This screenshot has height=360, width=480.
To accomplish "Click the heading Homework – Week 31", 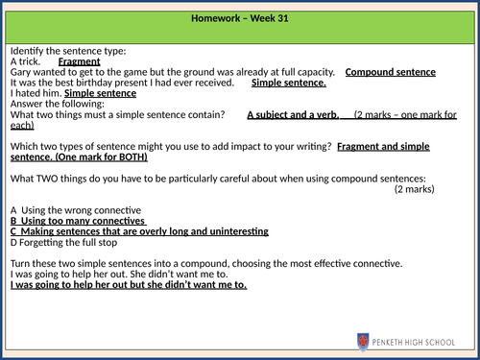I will pyautogui.click(x=240, y=20).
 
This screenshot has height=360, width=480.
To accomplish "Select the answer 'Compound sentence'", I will pyautogui.click(x=390, y=72).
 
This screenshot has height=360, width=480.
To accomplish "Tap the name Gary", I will pyautogui.click(x=20, y=72).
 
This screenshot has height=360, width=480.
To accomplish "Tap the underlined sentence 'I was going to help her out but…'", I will pyautogui.click(x=128, y=285).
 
